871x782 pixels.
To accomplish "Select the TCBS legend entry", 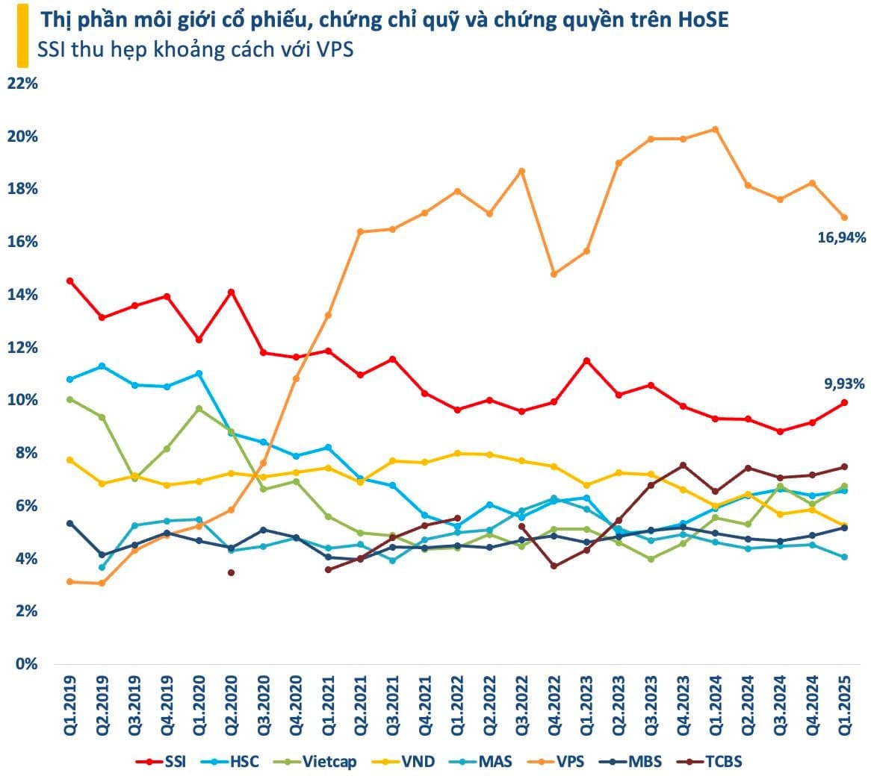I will tap(713, 762).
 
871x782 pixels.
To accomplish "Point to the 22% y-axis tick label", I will tap(22, 84).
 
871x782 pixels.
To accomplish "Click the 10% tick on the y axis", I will tap(22, 401).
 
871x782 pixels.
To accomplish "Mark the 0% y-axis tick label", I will tap(25, 665).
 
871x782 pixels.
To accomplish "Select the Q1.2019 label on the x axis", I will tap(69, 706).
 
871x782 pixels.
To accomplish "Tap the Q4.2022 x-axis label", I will tap(554, 706).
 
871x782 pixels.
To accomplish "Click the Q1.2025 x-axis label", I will tap(844, 706).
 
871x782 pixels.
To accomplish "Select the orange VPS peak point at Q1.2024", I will tap(715, 129).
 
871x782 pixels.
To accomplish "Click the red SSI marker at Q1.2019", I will tap(69, 281).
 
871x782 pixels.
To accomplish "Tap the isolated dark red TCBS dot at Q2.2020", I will tap(231, 572).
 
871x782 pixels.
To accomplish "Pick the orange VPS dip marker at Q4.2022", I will tap(554, 274).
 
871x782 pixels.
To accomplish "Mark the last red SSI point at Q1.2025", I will tap(844, 403).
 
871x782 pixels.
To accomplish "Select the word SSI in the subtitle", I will tap(52, 51).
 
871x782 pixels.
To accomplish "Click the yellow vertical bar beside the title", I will tap(23, 35).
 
